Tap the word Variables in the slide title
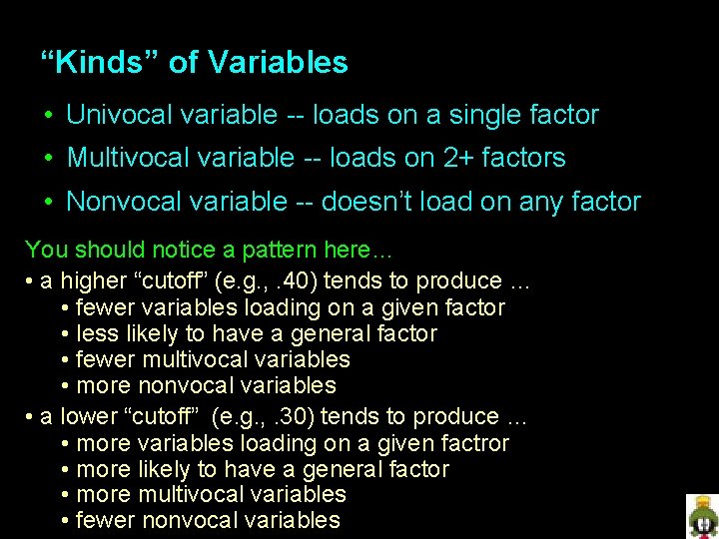(278, 63)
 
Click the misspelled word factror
(476, 443)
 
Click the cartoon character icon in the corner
(702, 515)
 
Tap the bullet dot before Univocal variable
(48, 116)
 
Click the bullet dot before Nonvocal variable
(48, 203)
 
